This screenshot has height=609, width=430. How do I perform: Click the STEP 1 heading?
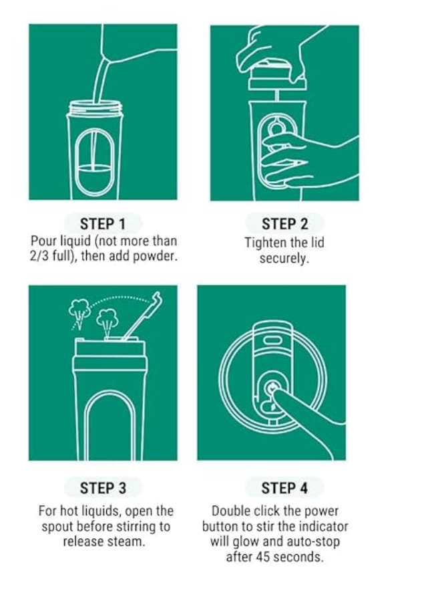102,223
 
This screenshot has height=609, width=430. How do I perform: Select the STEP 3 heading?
102,487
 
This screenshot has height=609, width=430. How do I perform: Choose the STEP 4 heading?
284,487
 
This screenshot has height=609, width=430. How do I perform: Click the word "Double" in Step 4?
231,511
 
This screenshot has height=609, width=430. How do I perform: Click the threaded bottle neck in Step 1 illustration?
95,107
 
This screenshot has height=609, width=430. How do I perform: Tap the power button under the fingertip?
272,388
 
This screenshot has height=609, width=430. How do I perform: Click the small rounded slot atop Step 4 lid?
272,340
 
